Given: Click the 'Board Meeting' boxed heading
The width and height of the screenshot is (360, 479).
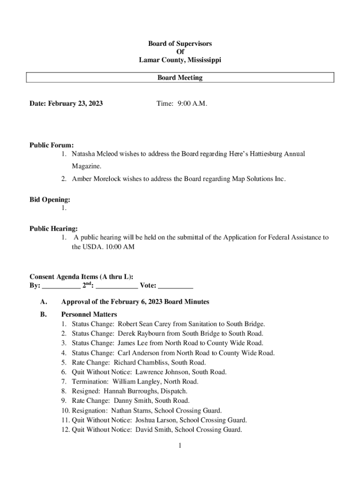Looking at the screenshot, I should (180, 78).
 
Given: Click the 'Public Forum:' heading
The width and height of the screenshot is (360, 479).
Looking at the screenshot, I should (51, 145).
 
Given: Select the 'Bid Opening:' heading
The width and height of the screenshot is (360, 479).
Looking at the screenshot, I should (50, 200).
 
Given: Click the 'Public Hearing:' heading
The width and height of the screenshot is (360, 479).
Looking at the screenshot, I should (54, 229).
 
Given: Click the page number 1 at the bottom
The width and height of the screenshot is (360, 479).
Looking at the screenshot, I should (180, 446).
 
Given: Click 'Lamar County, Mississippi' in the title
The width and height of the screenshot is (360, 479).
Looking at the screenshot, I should (180, 60).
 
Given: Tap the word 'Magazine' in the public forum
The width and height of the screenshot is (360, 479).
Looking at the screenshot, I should (86, 166).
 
